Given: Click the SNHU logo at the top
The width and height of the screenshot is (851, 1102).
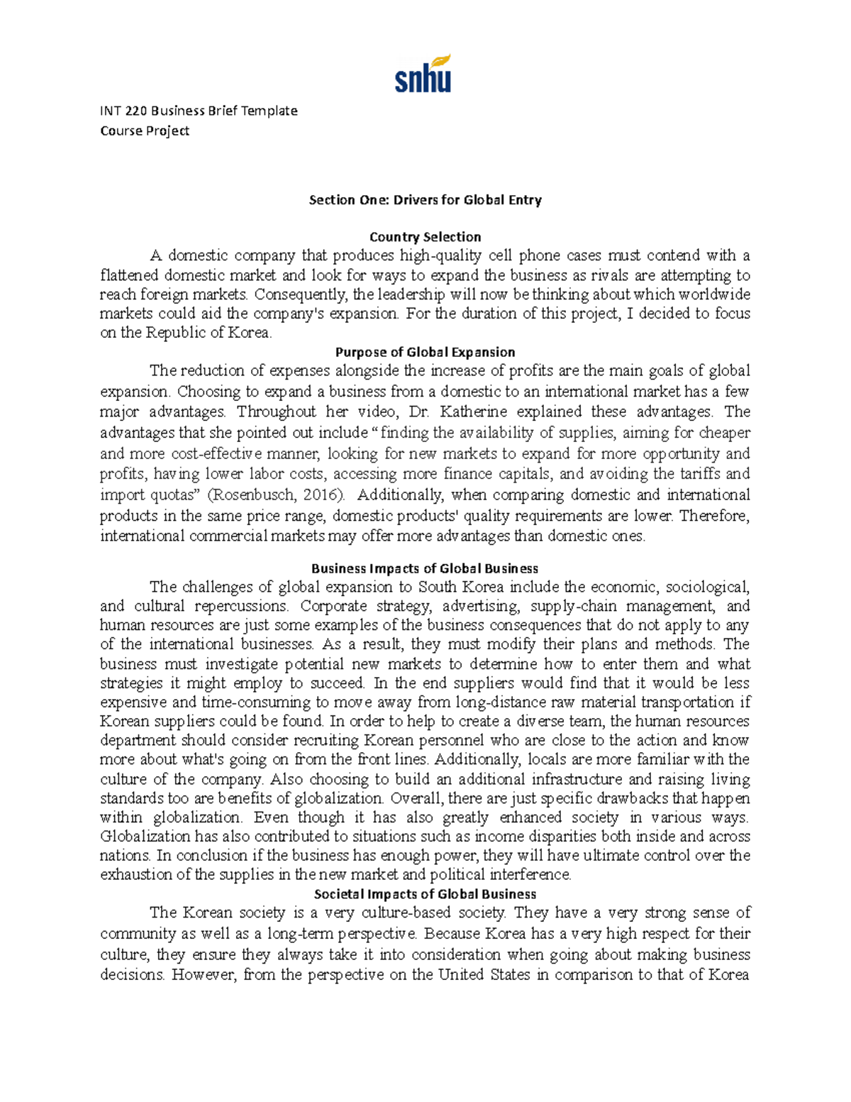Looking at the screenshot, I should (x=423, y=74).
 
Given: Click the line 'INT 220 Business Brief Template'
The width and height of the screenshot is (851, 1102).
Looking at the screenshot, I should (x=199, y=111).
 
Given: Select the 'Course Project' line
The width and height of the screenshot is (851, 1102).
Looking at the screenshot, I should (x=145, y=131).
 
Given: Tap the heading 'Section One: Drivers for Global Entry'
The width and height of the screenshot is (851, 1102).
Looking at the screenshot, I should (x=425, y=200).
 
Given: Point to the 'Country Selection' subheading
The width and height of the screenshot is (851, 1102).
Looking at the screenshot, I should (x=425, y=237).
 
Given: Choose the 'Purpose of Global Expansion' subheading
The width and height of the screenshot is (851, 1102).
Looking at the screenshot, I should (x=425, y=352).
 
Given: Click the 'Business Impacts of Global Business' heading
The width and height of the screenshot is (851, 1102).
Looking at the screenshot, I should (x=425, y=568).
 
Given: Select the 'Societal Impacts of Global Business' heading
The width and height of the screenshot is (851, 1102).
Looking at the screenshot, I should (x=425, y=894).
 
